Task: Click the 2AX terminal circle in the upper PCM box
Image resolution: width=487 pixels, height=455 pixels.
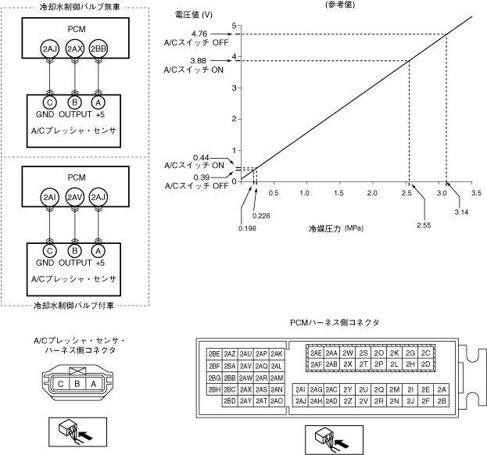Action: (x=74, y=48)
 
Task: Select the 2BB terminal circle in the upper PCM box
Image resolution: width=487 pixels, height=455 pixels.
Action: (x=98, y=48)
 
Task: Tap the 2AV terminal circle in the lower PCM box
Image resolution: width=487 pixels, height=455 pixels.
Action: (x=74, y=197)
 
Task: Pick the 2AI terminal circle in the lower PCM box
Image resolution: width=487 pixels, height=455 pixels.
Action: (x=50, y=197)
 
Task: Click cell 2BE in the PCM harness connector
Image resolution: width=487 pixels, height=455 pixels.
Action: (x=214, y=353)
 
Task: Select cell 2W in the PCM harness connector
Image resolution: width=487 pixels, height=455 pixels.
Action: (x=348, y=353)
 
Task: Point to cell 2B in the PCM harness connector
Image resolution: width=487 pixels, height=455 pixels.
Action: (x=442, y=401)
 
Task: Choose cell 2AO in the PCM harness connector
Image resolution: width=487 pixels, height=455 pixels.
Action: (x=277, y=401)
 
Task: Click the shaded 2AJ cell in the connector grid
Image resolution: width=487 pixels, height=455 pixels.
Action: (x=300, y=401)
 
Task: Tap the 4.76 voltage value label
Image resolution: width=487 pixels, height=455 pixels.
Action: (x=199, y=34)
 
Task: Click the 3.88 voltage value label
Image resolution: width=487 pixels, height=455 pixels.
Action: (x=198, y=60)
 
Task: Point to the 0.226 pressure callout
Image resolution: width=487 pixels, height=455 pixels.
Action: (x=261, y=216)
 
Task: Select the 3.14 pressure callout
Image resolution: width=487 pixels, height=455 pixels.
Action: (x=461, y=212)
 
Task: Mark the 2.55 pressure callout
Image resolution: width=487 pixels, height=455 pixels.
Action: (x=424, y=225)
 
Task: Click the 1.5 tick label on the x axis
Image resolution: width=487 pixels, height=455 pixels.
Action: (x=338, y=193)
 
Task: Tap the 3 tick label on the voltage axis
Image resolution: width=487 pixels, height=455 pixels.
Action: (x=235, y=88)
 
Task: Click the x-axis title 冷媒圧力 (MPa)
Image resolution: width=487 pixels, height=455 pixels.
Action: (x=336, y=229)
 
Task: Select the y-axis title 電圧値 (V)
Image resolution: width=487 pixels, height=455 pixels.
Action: (x=194, y=15)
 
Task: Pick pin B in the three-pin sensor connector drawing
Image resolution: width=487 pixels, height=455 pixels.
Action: (x=77, y=384)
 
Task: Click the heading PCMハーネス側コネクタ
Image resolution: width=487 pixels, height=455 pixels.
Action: (x=335, y=323)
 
